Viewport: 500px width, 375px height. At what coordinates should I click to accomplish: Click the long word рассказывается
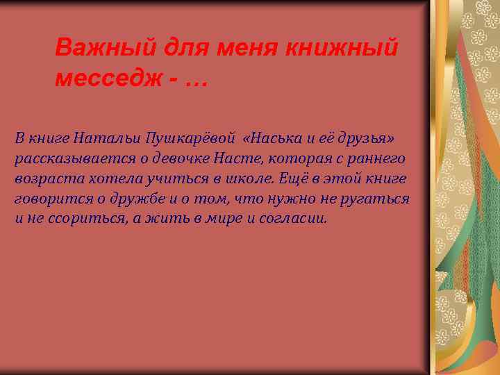click(x=65, y=158)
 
